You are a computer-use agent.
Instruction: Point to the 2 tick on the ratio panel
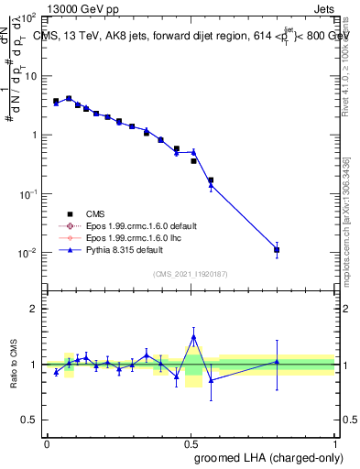point(34,309)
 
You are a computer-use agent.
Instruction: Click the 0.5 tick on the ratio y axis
point(30,420)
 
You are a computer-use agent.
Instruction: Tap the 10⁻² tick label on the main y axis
point(28,253)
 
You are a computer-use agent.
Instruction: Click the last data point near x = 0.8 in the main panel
point(277,249)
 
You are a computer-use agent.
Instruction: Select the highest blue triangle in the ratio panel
point(193,337)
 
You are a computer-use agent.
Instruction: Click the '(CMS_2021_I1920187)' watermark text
point(191,274)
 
